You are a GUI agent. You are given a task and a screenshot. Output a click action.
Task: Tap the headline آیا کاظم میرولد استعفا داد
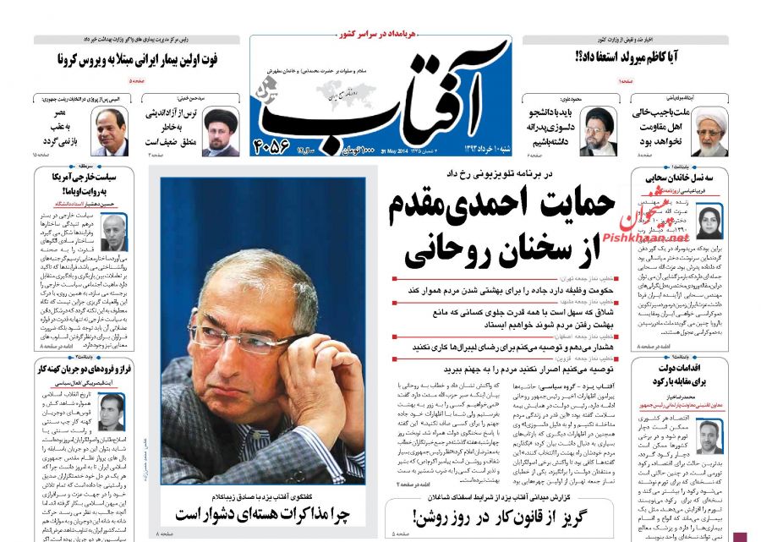(x=634, y=58)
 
